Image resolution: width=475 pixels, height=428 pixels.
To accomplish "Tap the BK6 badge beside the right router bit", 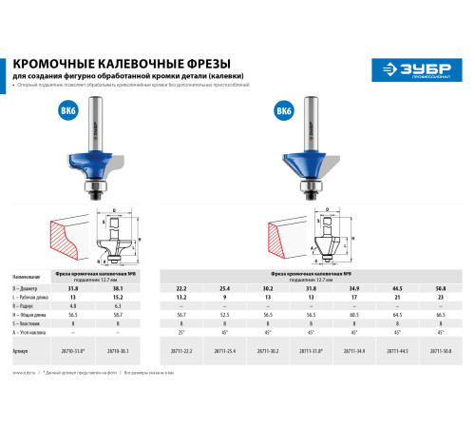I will [282, 110].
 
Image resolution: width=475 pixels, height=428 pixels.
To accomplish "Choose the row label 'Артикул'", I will [28, 350].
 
